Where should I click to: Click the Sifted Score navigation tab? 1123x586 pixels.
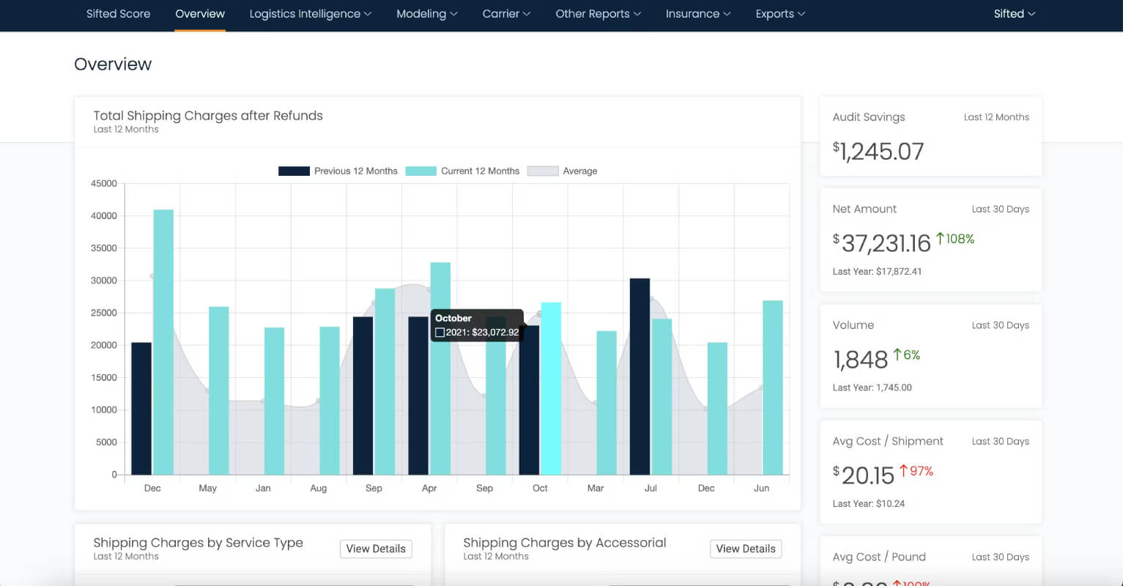[119, 13]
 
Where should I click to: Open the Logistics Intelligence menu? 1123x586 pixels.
[311, 13]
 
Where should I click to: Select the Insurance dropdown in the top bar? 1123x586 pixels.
[698, 13]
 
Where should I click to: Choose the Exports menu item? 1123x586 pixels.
[780, 13]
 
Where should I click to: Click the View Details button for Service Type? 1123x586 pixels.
[376, 549]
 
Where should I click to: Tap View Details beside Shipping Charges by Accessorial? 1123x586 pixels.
[746, 549]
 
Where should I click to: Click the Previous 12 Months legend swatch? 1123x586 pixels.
[294, 171]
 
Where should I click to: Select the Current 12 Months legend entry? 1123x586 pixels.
[462, 171]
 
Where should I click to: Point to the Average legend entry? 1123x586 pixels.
[563, 171]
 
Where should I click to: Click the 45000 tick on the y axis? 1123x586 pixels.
[104, 183]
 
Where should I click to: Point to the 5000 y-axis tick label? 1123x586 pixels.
[106, 442]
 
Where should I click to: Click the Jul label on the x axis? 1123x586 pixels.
[651, 488]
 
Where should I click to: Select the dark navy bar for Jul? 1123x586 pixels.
[640, 377]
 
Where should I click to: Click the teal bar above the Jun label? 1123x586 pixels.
[773, 387]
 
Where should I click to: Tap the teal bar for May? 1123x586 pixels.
[218, 390]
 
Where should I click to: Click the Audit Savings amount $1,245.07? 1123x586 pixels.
[878, 152]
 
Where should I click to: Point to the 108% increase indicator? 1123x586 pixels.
[955, 239]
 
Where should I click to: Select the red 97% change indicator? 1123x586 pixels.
[916, 471]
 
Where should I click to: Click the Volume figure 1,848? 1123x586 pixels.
[860, 360]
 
